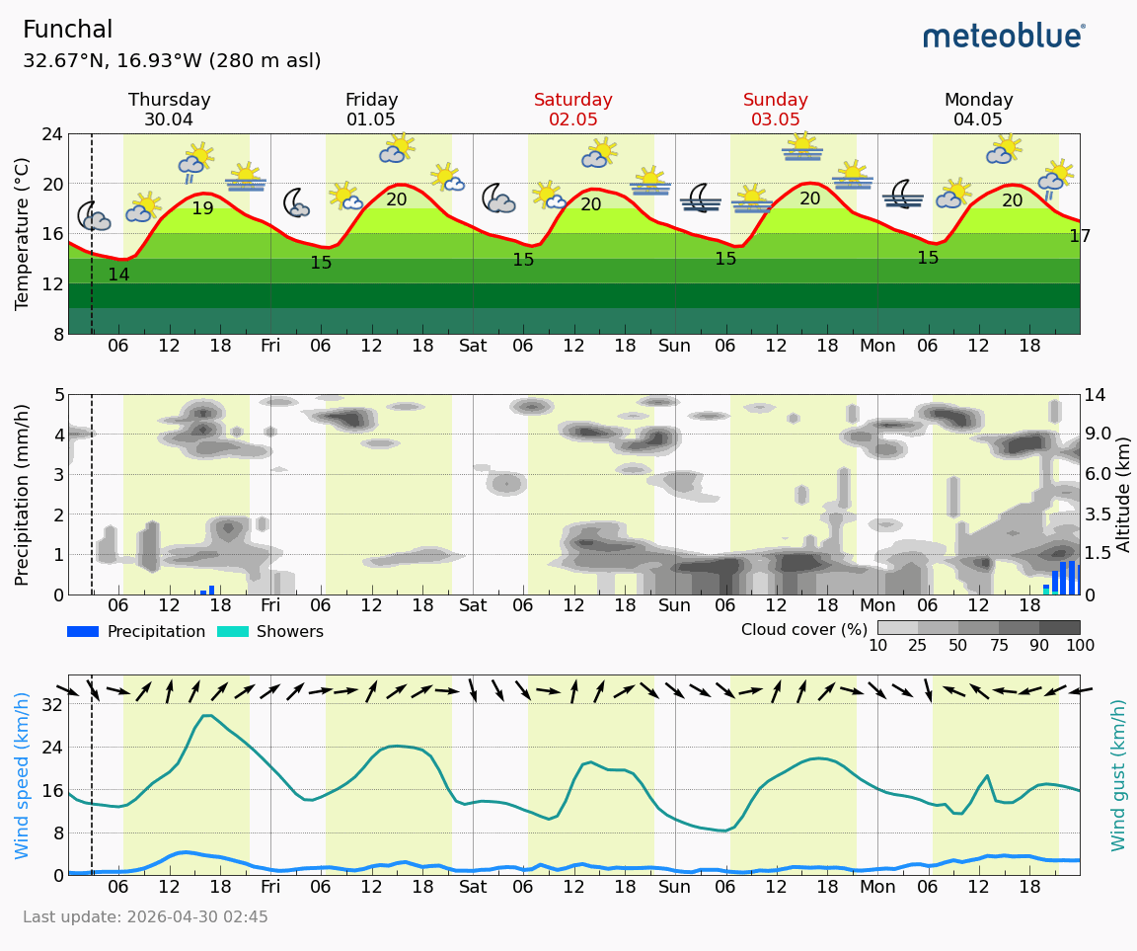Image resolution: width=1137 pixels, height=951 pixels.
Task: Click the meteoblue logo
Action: tap(1004, 37)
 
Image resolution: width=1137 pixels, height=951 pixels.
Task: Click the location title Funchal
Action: tap(67, 31)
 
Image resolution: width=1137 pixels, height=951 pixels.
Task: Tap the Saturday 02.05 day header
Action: tap(572, 110)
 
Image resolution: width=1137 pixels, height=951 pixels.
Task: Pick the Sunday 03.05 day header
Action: tap(775, 110)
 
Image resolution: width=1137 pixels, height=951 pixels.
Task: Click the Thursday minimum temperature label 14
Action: tap(118, 276)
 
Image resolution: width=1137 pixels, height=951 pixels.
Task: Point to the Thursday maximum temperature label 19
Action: tap(202, 209)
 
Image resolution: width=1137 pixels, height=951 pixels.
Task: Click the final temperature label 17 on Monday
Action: tap(1080, 237)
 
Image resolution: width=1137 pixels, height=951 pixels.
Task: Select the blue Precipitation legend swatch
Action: tap(83, 632)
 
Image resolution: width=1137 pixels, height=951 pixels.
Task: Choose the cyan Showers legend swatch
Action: tap(232, 632)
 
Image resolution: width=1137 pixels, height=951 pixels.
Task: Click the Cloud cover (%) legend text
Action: tap(803, 630)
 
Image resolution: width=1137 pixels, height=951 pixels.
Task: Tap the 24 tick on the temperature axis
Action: tap(51, 134)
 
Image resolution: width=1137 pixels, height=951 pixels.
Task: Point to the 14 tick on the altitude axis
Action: tap(1098, 395)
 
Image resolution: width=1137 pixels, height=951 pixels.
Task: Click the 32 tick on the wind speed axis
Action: tap(51, 704)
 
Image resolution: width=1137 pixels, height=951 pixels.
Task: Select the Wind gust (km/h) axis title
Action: tap(1118, 775)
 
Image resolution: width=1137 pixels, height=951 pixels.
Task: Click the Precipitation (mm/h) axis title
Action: tap(23, 494)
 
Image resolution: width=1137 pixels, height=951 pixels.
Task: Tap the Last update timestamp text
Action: tap(145, 917)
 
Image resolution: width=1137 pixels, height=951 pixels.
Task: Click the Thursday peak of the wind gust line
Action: tap(207, 716)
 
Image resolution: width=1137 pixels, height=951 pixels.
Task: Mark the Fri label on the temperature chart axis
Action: tap(270, 346)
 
